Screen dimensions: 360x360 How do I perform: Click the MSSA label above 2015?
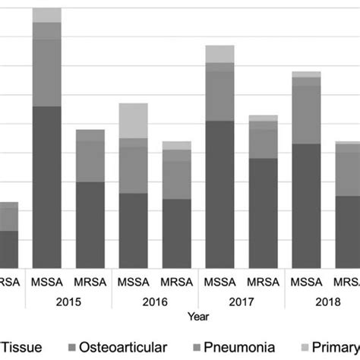click(47, 279)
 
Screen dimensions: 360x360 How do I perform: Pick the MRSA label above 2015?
click(90, 279)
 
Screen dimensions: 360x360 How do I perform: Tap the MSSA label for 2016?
click(134, 279)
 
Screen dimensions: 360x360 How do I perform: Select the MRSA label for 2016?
click(177, 279)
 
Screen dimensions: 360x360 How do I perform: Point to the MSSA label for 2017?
click(220, 279)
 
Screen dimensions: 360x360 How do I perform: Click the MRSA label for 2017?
click(264, 279)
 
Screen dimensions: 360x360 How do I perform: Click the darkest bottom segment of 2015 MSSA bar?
click(47, 186)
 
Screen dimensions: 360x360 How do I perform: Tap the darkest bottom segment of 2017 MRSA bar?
click(264, 213)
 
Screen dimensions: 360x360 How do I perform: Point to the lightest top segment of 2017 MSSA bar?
click(220, 53)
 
